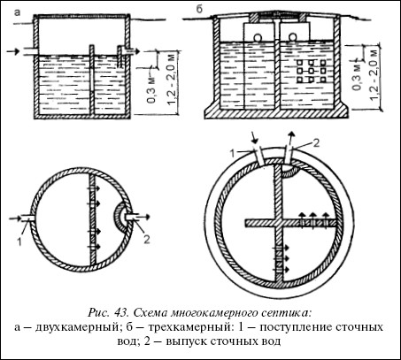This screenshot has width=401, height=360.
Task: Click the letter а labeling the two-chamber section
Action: (18, 13)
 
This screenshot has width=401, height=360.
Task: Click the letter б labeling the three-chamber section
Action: (199, 10)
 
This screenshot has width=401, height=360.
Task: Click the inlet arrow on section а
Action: (13, 51)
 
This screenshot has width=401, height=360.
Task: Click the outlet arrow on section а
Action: (135, 51)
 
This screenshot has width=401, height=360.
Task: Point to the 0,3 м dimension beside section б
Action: (357, 76)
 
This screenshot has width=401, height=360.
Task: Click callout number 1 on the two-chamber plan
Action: (19, 241)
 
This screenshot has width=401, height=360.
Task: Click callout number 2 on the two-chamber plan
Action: (147, 239)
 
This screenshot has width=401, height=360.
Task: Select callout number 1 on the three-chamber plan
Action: (232, 153)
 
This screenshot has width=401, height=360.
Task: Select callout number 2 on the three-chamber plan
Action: (315, 143)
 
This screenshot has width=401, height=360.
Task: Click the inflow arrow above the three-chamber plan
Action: (253, 137)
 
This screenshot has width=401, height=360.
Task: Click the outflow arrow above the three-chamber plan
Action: (291, 137)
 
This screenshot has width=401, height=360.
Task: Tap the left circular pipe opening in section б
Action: (257, 38)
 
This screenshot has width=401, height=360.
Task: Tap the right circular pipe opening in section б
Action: (292, 37)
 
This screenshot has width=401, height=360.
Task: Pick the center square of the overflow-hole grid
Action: (311, 71)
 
